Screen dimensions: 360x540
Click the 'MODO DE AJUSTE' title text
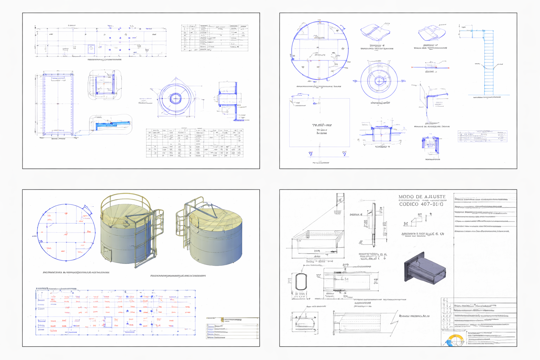click(x=422, y=197)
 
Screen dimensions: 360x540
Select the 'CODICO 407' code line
click(x=421, y=204)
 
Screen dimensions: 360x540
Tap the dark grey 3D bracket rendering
click(x=425, y=268)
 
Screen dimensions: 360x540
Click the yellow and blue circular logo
click(x=454, y=340)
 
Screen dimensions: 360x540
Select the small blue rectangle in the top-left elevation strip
click(x=91, y=49)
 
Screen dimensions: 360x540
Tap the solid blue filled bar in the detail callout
click(x=112, y=124)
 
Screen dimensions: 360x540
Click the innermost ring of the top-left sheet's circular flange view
click(x=175, y=98)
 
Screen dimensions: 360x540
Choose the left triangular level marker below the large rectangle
click(x=310, y=154)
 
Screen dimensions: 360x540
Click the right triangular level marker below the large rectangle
click(x=344, y=154)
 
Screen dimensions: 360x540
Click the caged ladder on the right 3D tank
click(x=182, y=225)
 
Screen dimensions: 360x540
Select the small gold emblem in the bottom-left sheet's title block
click(x=222, y=320)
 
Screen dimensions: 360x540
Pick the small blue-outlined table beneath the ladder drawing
click(x=482, y=136)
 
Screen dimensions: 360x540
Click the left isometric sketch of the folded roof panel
click(x=375, y=32)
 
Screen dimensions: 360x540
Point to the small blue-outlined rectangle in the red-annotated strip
click(x=108, y=322)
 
